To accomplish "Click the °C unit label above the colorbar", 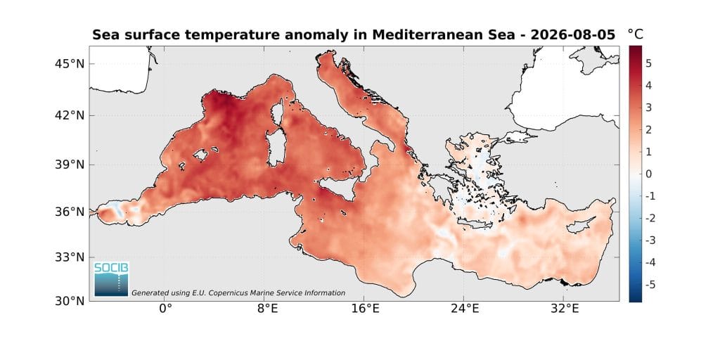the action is (636, 34).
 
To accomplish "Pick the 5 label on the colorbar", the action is (648, 63).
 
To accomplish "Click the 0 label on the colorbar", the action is (648, 174).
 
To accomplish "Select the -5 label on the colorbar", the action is (647, 285).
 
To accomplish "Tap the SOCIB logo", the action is (111, 279).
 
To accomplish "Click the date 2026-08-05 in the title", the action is (572, 35).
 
